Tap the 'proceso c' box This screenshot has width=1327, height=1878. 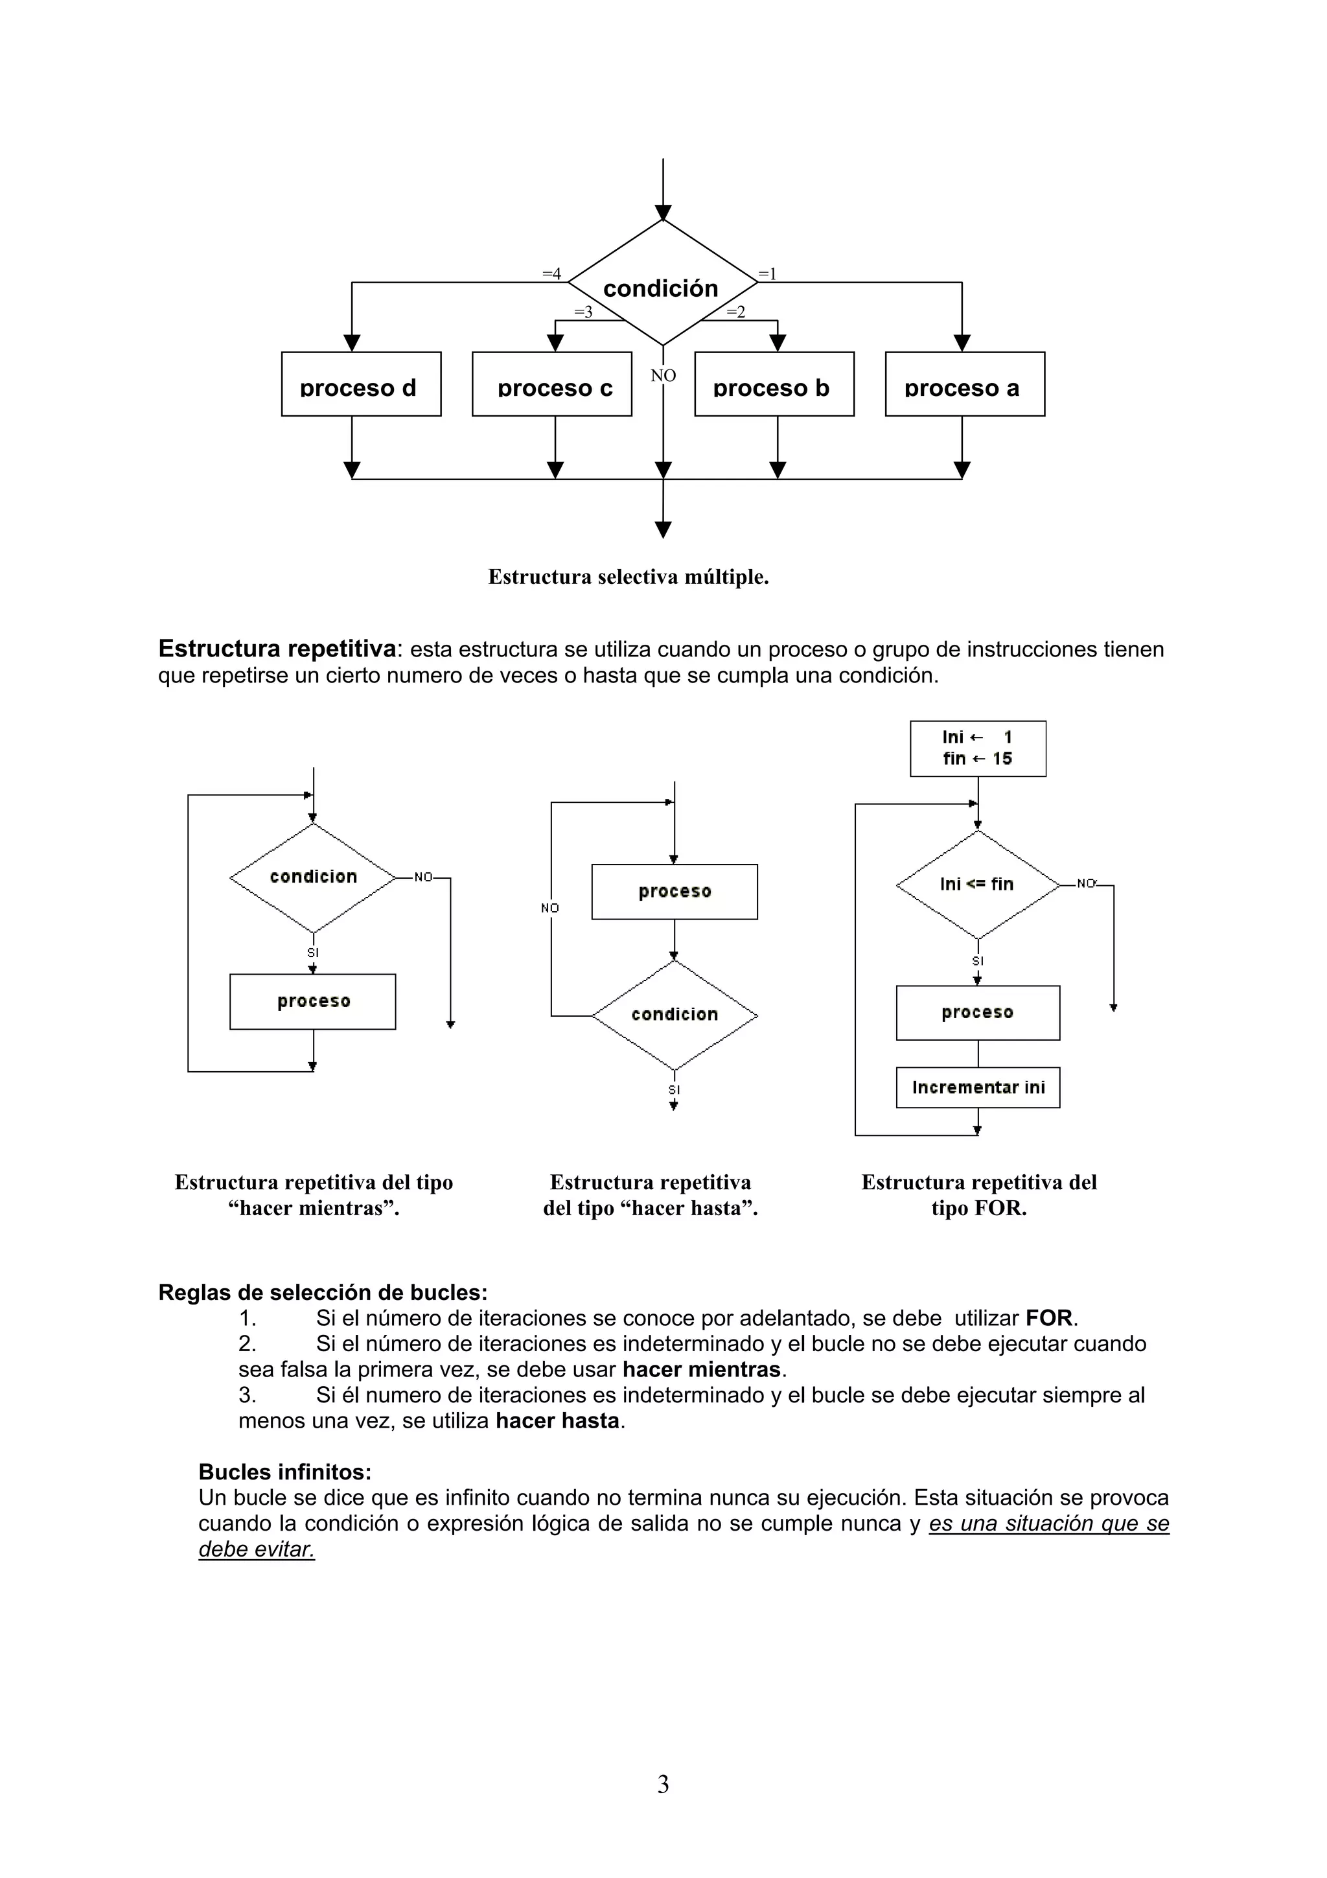[552, 384]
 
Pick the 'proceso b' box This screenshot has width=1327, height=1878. [774, 384]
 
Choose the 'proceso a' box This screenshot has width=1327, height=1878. [965, 384]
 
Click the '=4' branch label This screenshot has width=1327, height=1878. [552, 273]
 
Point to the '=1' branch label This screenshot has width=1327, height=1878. [767, 273]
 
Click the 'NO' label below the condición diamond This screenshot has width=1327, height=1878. [663, 375]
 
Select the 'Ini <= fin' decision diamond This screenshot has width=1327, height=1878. [977, 884]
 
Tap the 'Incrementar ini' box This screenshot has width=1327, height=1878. [978, 1087]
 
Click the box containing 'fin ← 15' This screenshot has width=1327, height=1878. [978, 748]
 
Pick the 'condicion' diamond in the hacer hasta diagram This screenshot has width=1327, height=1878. [675, 1015]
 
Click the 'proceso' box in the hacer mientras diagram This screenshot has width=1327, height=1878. [312, 1001]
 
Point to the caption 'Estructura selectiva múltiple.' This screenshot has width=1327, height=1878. [628, 577]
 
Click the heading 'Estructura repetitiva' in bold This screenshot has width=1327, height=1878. [277, 649]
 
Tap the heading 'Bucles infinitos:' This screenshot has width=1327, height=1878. [284, 1472]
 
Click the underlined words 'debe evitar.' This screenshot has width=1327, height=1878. [257, 1549]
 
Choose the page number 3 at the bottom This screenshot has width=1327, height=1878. [663, 1784]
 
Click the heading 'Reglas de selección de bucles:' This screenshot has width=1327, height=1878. [322, 1292]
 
